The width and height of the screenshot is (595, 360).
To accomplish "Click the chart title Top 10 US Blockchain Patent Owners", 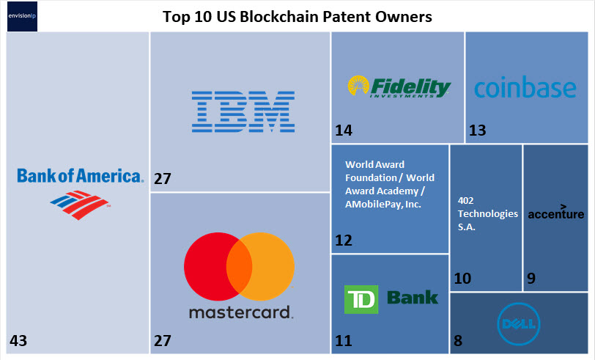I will [297, 15].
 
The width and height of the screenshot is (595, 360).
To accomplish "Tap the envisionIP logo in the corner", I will [21, 17].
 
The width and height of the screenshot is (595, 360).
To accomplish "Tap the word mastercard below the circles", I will [240, 312].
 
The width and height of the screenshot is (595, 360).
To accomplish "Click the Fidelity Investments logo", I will [399, 87].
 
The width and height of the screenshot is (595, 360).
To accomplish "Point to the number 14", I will [344, 131].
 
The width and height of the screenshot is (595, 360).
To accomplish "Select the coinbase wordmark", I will [525, 88].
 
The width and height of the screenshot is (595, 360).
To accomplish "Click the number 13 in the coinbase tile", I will [478, 131].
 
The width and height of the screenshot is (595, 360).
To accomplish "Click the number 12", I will [344, 240].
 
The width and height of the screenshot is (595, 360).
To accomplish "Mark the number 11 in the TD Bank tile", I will [343, 340].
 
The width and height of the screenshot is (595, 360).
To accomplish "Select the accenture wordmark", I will [556, 213].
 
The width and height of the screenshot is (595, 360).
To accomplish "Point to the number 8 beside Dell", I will [459, 340].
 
